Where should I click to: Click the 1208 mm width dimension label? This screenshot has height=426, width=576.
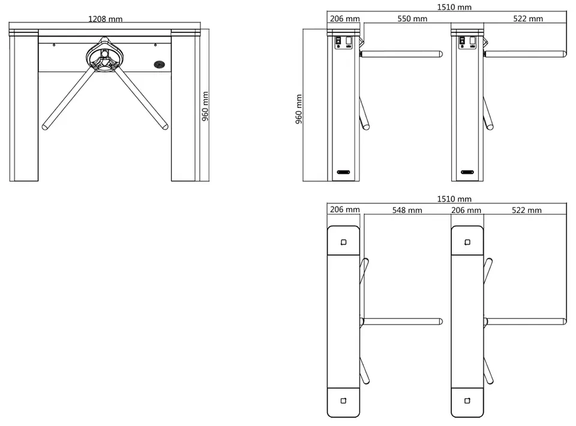pos(105,19)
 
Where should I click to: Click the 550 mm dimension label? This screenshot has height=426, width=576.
pos(412,19)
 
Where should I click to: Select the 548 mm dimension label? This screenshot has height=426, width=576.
pos(407,210)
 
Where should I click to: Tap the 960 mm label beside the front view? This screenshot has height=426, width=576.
pos(205,106)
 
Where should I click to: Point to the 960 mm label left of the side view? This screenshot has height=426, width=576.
pos(299,109)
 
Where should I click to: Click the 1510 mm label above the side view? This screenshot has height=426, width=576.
pos(454,7)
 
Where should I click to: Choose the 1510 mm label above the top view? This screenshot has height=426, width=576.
pos(454,199)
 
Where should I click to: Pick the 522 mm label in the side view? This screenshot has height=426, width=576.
pos(528,19)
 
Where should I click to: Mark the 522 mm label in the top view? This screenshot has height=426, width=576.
pos(526,210)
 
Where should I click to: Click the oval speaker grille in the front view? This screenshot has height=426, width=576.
pos(160,65)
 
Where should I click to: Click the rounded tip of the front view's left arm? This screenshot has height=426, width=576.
pos(45,127)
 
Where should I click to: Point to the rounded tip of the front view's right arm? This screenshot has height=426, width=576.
pos(166,127)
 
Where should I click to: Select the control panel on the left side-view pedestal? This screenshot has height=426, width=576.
pos(343,42)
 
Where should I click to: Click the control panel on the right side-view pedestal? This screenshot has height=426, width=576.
pos(467,42)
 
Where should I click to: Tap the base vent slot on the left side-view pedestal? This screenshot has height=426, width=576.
pos(343,172)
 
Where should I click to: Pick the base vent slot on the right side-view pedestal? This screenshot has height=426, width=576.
pos(467,172)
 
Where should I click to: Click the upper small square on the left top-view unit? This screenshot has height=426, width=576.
pos(343,242)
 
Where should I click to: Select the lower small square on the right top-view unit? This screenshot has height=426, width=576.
pos(467,401)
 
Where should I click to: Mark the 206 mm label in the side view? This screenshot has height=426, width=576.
pos(344,19)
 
